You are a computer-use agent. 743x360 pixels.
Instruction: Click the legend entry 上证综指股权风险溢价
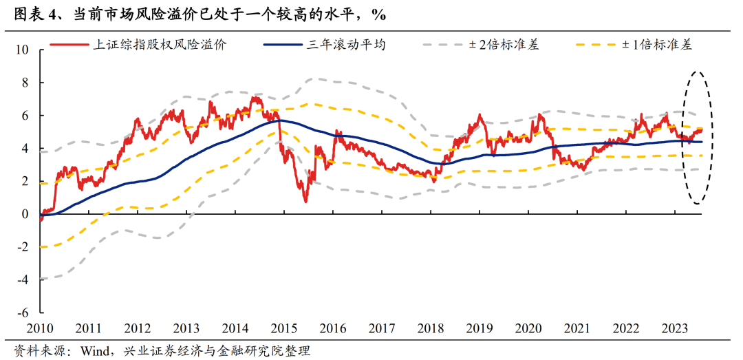pyautogui.click(x=159, y=45)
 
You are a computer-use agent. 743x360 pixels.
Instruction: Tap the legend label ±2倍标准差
pyautogui.click(x=504, y=45)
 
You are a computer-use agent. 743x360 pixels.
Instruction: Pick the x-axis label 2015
pyautogui.click(x=286, y=328)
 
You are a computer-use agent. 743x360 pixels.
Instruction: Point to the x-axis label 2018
pyautogui.click(x=431, y=328)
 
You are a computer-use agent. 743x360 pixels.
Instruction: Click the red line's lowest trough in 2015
pyautogui.click(x=305, y=201)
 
